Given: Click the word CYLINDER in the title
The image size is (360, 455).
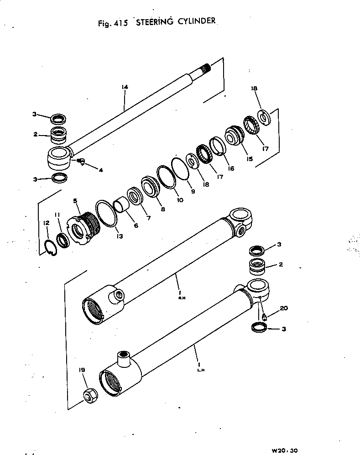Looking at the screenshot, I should pyautogui.click(x=193, y=22).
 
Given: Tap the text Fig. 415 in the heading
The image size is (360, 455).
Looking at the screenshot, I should pyautogui.click(x=112, y=24).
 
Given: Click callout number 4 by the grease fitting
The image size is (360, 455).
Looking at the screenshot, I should pyautogui.click(x=100, y=170).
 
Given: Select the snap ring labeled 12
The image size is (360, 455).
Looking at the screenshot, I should pyautogui.click(x=52, y=247).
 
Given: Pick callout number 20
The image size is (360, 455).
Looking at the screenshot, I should pyautogui.click(x=283, y=309).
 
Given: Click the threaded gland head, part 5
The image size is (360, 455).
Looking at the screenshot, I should pyautogui.click(x=84, y=228).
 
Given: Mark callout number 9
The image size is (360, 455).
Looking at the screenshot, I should pyautogui.click(x=193, y=192).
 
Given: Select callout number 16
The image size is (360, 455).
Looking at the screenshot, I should pyautogui.click(x=230, y=168).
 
